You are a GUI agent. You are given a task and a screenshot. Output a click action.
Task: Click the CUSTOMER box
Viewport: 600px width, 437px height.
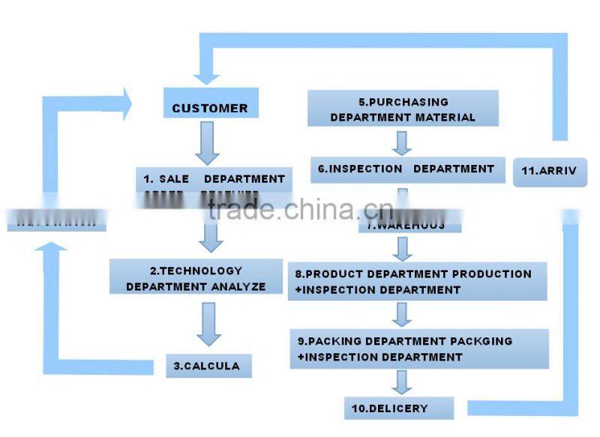(209, 107)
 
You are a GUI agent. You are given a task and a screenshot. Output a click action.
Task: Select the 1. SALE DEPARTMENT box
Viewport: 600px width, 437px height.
(214, 180)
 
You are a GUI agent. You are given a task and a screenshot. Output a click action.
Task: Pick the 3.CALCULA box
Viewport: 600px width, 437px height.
(208, 366)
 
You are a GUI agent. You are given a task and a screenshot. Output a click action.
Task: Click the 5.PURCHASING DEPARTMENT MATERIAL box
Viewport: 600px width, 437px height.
(403, 109)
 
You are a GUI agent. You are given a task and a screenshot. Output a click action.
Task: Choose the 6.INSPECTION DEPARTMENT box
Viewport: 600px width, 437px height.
(406, 169)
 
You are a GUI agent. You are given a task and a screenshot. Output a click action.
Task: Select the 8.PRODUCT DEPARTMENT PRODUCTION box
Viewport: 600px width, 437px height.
(418, 281)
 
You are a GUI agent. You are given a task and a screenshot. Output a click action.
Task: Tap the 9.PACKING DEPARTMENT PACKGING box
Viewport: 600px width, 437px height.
(418, 348)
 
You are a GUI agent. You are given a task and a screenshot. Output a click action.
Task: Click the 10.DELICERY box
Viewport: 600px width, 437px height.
(399, 409)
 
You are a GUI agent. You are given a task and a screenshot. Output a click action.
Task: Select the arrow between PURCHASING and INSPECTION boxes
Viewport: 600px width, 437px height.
(403, 142)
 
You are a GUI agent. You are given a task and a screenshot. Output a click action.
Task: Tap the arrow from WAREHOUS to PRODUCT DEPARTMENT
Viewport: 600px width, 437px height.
(403, 248)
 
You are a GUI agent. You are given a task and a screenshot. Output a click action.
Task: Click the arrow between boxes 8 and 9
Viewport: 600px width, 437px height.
(403, 314)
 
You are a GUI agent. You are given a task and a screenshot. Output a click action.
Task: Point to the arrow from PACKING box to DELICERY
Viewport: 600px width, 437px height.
(403, 381)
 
